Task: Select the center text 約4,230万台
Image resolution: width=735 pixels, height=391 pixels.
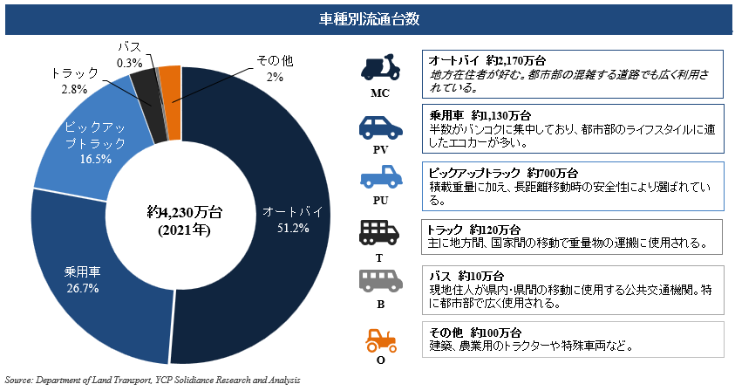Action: click(180, 212)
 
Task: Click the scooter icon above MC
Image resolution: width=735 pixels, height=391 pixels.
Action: click(380, 67)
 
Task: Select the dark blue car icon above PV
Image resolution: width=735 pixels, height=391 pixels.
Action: click(380, 127)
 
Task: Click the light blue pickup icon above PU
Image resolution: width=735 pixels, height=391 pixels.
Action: click(380, 179)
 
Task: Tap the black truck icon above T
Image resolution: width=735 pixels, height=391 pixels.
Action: click(380, 232)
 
